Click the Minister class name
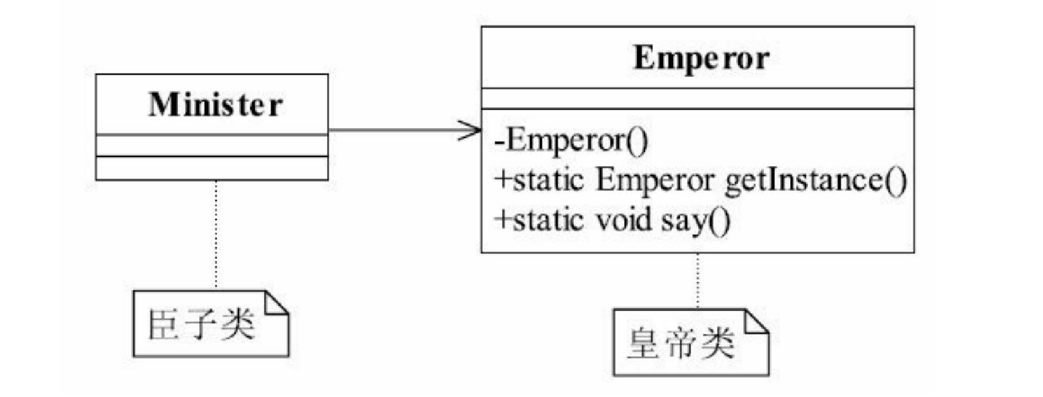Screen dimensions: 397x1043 tap(215, 105)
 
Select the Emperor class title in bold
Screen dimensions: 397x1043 tap(700, 58)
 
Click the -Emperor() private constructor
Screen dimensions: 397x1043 tap(570, 141)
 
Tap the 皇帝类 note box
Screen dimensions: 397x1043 tap(690, 342)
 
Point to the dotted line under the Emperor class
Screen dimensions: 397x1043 tap(698, 280)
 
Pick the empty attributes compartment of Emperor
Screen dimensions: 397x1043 tap(698, 99)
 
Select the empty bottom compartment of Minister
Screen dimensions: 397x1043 tap(211, 168)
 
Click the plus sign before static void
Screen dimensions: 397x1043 tap(502, 220)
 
